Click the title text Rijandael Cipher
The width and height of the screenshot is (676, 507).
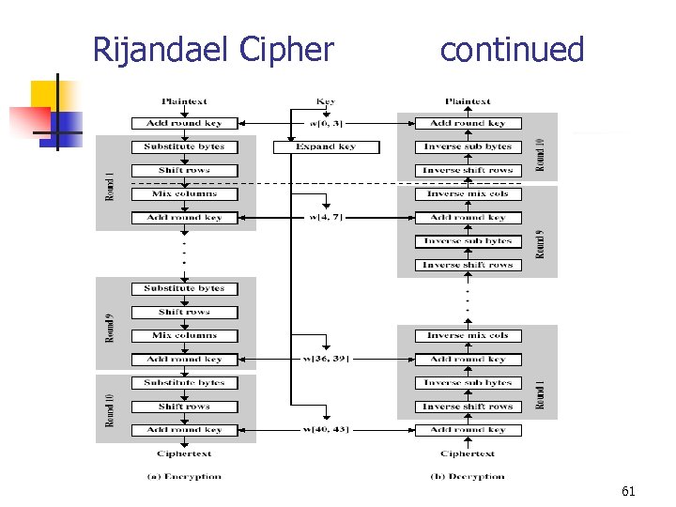(213, 50)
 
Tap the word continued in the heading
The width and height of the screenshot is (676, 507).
(512, 50)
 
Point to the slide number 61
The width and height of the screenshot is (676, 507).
(628, 490)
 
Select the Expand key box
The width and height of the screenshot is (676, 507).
(326, 147)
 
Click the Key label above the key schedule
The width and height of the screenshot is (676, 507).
(325, 101)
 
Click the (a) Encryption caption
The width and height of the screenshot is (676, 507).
(184, 476)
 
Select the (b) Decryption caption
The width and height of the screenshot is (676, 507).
(468, 476)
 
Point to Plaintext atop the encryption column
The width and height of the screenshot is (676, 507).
(184, 101)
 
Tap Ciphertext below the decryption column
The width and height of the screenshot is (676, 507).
(468, 453)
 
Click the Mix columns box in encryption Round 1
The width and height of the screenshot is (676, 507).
(184, 194)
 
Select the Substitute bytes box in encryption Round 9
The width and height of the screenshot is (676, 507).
(184, 288)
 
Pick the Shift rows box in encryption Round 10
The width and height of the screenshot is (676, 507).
(184, 407)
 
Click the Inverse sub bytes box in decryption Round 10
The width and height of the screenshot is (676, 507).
(468, 147)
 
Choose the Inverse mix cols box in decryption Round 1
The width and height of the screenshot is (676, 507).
(468, 335)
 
